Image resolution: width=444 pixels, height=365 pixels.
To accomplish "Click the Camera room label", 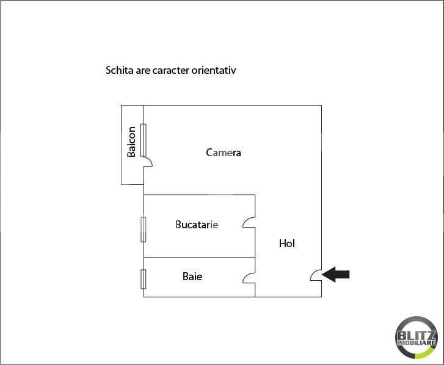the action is [224, 153].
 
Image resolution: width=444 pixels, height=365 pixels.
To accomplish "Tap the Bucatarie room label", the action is [197, 225].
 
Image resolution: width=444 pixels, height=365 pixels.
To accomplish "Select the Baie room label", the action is [192, 276].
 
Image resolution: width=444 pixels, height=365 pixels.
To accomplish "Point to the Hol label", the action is [287, 244].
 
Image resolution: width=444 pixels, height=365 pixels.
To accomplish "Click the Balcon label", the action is [132, 142].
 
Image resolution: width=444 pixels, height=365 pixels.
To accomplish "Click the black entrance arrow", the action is [336, 275].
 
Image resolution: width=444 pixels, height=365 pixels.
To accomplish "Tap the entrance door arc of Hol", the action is [316, 276].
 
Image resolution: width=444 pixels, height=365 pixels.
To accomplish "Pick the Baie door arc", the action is [249, 278].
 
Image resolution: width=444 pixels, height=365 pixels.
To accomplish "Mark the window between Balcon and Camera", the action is [144, 139].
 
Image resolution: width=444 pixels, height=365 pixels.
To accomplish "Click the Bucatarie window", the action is [144, 229].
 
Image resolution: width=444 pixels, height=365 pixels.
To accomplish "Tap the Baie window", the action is [144, 279].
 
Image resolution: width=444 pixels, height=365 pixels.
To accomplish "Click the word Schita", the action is [120, 70].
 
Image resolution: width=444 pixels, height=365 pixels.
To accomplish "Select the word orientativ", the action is [214, 70].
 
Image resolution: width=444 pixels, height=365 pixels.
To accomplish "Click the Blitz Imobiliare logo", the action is [417, 338].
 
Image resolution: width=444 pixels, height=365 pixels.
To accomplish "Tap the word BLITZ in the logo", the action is [417, 335].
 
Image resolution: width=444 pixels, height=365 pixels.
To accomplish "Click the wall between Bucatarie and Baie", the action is [199, 258].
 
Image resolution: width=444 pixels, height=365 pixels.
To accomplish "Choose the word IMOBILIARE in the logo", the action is [417, 344].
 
